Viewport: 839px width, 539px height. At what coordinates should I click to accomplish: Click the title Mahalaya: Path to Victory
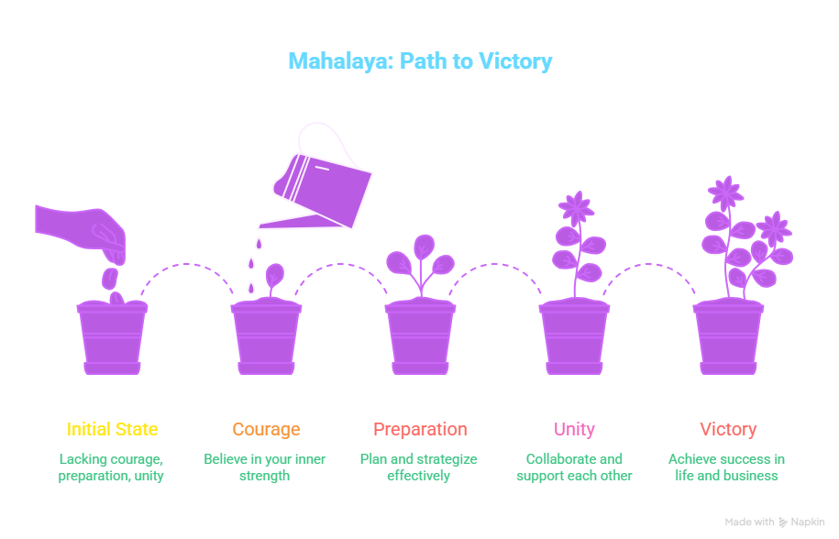point(420,62)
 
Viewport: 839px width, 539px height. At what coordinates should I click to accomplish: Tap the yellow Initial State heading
point(112,429)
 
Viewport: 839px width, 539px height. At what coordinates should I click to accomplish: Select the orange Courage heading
point(266,429)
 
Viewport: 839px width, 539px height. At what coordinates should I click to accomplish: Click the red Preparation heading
point(420,429)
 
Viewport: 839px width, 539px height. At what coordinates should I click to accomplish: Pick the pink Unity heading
point(574,429)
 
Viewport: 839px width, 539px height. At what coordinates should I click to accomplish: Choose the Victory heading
point(728,429)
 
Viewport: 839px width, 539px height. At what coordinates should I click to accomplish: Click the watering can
point(321,183)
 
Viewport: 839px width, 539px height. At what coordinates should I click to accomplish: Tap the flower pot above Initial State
point(112,336)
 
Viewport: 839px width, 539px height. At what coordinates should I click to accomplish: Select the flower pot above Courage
point(266,336)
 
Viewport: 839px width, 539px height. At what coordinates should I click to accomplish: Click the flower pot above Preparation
point(420,336)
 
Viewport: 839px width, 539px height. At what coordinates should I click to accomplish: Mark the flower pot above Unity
point(574,336)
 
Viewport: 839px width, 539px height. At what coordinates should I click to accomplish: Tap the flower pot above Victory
point(728,336)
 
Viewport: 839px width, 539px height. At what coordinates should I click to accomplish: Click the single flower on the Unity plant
point(577,207)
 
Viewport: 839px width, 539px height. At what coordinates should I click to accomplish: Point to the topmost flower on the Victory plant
point(726,192)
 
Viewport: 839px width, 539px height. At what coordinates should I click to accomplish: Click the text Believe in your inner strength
point(265,467)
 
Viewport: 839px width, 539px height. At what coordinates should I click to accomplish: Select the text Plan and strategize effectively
point(419,467)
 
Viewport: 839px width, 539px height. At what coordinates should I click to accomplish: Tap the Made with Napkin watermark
point(775,522)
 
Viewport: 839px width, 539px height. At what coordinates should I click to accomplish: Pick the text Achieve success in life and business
point(727,467)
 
